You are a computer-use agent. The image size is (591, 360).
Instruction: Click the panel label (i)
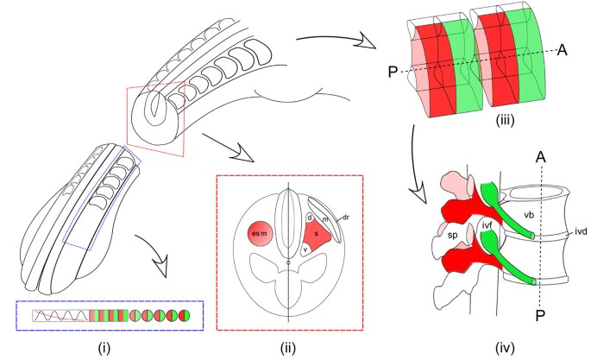pyautogui.click(x=104, y=348)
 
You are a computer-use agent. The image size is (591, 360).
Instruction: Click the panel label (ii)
pyautogui.click(x=287, y=348)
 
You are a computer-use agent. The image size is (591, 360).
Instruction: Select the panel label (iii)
pyautogui.click(x=505, y=120)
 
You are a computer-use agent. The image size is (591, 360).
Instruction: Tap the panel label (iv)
pyautogui.click(x=505, y=348)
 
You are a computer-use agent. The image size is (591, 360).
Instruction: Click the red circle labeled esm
pyautogui.click(x=260, y=234)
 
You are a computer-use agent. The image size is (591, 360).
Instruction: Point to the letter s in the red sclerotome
pyautogui.click(x=317, y=234)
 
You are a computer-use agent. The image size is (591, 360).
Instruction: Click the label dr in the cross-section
pyautogui.click(x=345, y=218)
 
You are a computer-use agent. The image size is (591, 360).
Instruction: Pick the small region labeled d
pyautogui.click(x=310, y=218)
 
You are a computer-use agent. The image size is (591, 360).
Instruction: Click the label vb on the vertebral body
pyautogui.click(x=529, y=215)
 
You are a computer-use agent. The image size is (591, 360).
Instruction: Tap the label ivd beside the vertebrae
pyautogui.click(x=581, y=231)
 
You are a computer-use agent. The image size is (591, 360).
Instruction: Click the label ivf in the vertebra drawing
pyautogui.click(x=487, y=225)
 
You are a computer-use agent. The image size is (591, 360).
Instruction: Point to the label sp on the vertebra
pyautogui.click(x=452, y=236)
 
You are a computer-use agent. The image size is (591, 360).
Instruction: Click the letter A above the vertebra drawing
pyautogui.click(x=541, y=156)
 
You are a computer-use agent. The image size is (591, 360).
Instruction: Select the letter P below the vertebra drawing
pyautogui.click(x=540, y=316)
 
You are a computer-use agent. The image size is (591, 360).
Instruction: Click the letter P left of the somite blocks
pyautogui.click(x=393, y=72)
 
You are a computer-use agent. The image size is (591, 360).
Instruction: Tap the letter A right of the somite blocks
pyautogui.click(x=562, y=50)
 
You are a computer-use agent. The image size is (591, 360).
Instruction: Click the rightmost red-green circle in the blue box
pyautogui.click(x=185, y=315)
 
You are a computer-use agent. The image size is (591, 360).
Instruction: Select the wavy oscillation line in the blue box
pyautogui.click(x=61, y=315)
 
